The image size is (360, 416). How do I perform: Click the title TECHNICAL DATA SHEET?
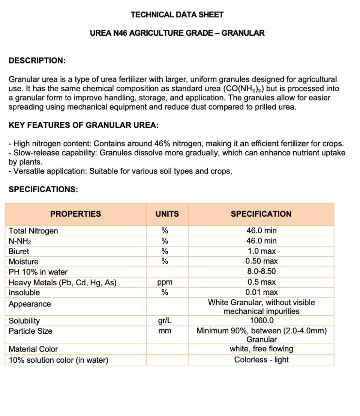point(177,15)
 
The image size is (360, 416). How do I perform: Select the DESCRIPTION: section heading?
point(37,60)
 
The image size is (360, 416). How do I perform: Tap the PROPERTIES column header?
point(76,214)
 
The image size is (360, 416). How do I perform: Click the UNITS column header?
point(167,214)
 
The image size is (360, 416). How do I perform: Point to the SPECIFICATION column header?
point(261,214)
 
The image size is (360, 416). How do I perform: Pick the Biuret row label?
point(19,251)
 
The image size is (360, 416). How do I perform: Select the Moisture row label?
point(23,262)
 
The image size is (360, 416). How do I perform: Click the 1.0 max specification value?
point(261,251)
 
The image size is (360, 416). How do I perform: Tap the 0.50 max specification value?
point(261,261)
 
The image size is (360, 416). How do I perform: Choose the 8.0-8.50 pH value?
point(261,271)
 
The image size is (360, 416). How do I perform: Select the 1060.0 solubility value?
point(261,321)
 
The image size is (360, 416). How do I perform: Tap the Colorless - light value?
point(261,360)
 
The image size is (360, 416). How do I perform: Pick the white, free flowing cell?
point(261,349)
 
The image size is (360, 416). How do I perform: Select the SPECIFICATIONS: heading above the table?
point(43,189)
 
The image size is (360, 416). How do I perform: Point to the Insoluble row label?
point(24,292)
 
